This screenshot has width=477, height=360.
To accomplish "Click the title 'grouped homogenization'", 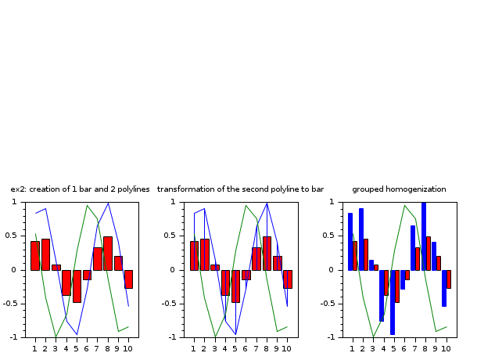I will tap(399, 189).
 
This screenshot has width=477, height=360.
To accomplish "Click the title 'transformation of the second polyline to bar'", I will tap(240, 189).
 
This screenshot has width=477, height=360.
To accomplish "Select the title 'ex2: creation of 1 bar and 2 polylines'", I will tap(80, 189).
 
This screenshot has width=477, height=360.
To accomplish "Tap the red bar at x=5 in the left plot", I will tap(77, 286).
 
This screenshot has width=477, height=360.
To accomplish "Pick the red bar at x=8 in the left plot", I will tap(108, 253).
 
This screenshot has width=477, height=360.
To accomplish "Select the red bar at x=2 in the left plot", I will tap(45, 254).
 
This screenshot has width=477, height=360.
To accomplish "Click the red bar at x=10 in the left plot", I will tap(128, 279).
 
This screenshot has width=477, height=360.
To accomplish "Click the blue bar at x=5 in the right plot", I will tap(393, 302).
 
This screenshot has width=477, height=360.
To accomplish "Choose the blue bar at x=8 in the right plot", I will tap(424, 236).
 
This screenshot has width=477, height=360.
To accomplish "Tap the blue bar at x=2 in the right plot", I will tap(361, 239).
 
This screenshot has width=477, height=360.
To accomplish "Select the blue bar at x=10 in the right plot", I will tap(444, 288).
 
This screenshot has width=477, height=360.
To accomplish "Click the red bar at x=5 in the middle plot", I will tap(235, 286).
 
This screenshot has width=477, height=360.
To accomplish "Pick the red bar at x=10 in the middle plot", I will tap(287, 279).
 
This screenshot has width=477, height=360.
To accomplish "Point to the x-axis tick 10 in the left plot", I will tap(128, 348).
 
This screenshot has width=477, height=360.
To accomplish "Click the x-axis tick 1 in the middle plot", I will tap(193, 348).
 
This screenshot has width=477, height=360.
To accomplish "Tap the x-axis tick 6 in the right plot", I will tap(403, 348).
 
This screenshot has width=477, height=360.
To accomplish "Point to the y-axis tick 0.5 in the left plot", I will tap(17, 236).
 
